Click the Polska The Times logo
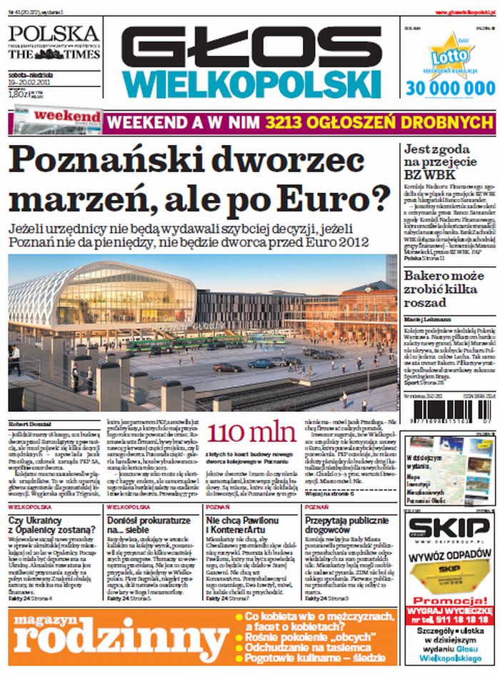54,42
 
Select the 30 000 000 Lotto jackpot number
450,88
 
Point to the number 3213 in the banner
289,121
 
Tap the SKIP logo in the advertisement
450,530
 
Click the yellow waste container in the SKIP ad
449,576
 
